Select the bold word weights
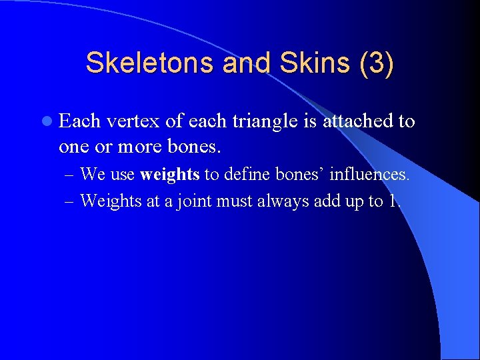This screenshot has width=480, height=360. [170, 175]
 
